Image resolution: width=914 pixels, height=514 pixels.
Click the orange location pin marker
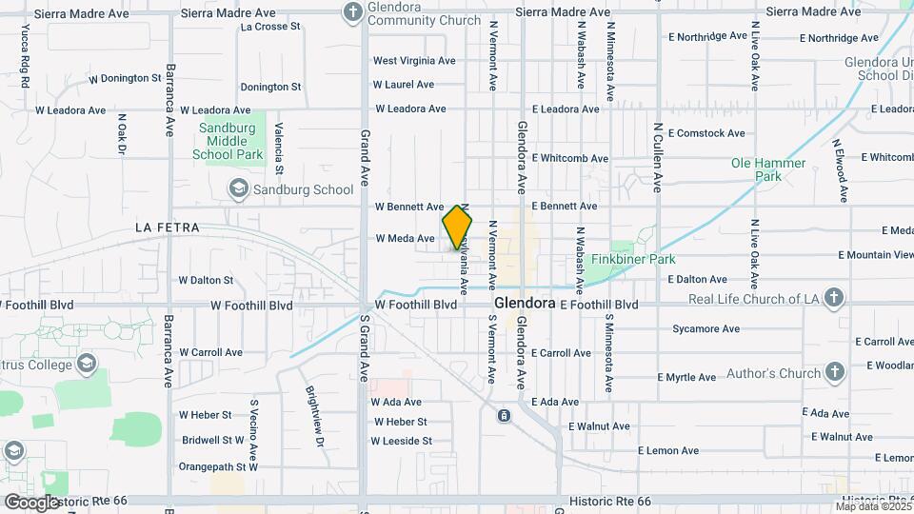[457, 227]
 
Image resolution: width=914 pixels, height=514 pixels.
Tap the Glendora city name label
[525, 304]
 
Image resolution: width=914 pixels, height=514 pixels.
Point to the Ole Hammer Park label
[768, 169]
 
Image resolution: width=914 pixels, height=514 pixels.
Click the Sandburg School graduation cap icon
[238, 189]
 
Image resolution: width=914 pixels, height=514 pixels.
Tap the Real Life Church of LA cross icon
[834, 298]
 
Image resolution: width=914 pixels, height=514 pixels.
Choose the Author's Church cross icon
[835, 372]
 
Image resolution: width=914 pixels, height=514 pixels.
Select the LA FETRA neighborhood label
[168, 227]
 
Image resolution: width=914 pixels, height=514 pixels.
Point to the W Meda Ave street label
[405, 238]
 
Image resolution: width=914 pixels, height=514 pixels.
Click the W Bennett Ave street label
[409, 206]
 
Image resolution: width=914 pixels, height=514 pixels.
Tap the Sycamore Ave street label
[705, 329]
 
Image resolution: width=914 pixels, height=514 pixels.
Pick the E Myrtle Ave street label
[686, 377]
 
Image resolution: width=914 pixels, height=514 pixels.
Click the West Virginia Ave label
[414, 60]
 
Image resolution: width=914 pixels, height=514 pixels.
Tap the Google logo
[31, 502]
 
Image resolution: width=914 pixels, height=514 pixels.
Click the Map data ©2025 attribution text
[872, 506]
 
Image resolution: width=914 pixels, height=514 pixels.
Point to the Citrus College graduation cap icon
[87, 365]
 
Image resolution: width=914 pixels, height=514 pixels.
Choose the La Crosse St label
[271, 27]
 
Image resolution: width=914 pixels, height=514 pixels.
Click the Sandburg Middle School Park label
[227, 142]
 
